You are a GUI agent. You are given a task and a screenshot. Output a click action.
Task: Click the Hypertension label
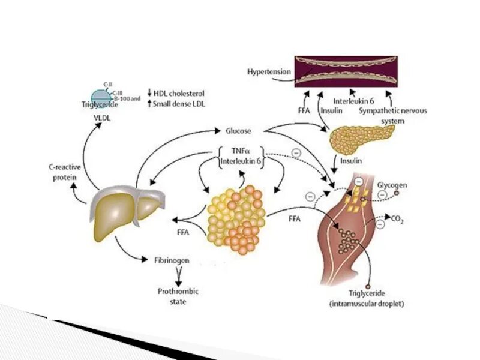click(x=269, y=72)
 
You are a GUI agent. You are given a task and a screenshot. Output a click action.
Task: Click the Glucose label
click(x=238, y=130)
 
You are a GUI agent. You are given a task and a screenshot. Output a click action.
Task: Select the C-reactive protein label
click(x=63, y=173)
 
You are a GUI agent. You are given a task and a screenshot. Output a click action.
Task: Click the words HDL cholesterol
click(x=179, y=94)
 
